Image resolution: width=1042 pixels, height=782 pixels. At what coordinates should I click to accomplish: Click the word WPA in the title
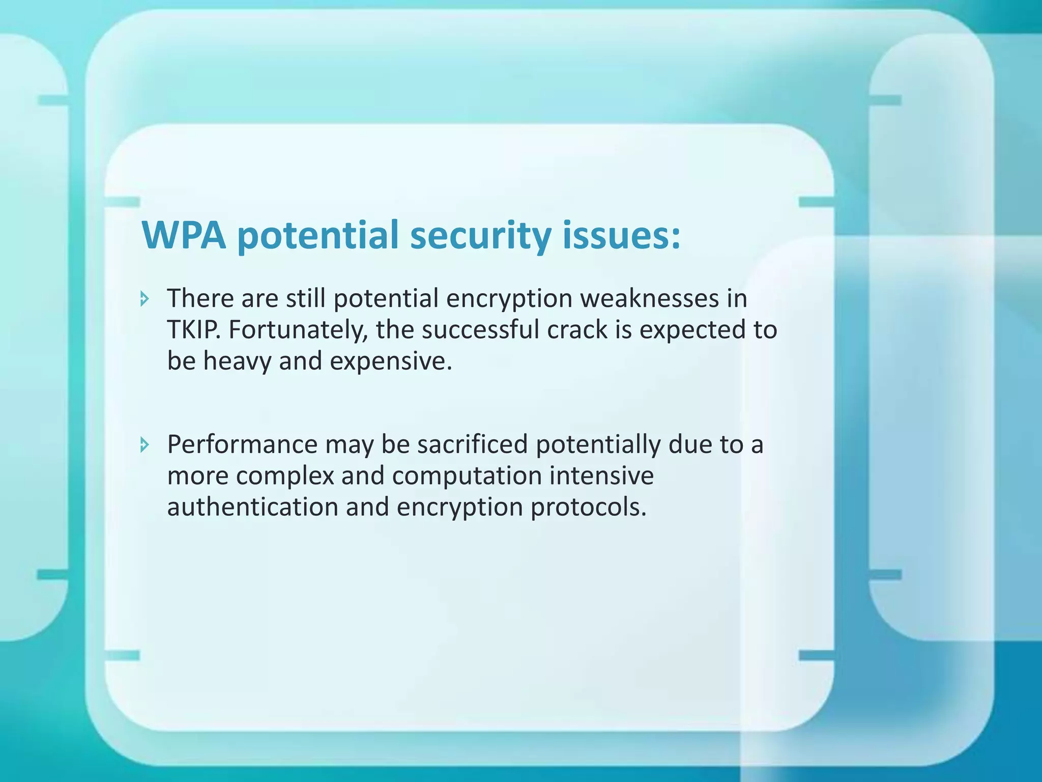point(184,235)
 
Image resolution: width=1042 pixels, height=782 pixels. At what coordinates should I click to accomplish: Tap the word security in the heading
point(480,235)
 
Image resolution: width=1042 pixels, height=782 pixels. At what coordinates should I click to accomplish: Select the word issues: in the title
point(621,235)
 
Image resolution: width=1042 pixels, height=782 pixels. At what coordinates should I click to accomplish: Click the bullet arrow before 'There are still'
point(145,298)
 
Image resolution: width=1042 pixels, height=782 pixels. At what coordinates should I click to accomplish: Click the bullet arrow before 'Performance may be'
point(145,445)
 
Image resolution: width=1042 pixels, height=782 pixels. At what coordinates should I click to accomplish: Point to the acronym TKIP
point(193,330)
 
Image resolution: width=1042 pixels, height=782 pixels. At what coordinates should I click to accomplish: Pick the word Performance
point(242,444)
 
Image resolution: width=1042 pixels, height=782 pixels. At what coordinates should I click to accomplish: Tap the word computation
point(467,476)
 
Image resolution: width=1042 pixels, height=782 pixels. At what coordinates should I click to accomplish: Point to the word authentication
point(253,507)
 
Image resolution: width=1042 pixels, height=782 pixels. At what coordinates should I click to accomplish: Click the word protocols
point(588,507)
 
